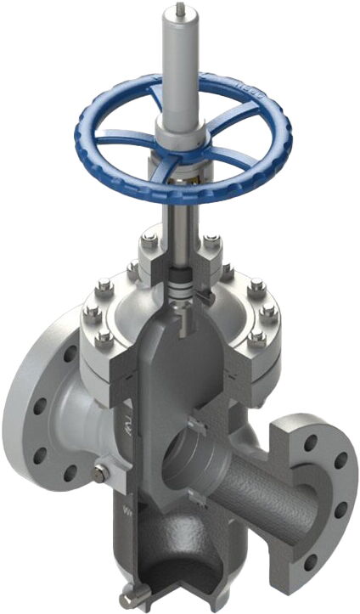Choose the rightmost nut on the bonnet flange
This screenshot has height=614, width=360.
(x=270, y=315)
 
